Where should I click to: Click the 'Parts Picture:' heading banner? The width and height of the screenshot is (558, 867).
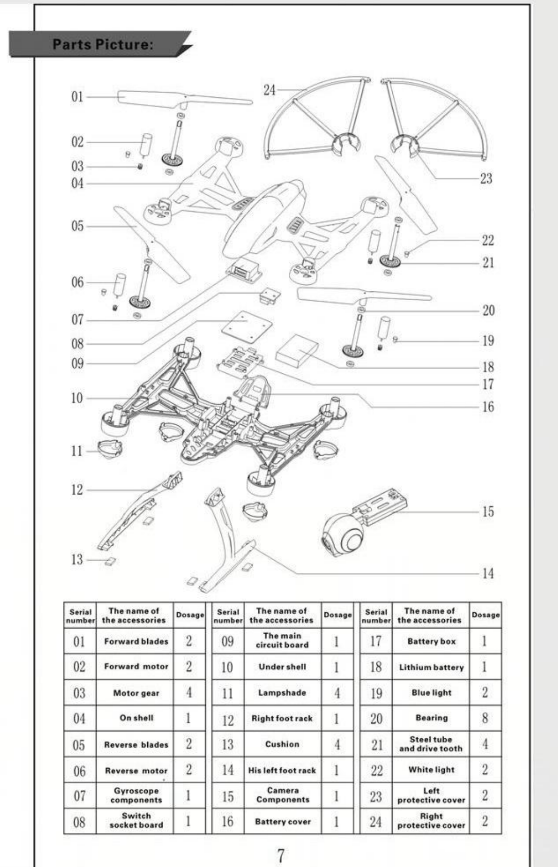pos(102,44)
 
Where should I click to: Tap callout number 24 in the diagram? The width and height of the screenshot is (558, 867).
pos(270,90)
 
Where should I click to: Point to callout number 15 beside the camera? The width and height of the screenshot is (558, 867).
pos(487,512)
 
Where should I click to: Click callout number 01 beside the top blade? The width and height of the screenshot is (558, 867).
pos(77,96)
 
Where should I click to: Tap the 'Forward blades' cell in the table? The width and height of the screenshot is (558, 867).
pos(136,641)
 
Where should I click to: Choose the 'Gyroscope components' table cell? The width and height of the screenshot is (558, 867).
pos(136,795)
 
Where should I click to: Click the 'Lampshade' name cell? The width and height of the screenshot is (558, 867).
pos(282,693)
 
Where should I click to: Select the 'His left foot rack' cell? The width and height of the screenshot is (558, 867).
pos(282,770)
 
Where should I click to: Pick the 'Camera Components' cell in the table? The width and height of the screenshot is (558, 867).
pos(283,795)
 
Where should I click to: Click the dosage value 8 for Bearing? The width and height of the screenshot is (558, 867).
pos(484,718)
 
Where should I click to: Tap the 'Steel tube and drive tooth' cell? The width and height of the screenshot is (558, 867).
pos(431,744)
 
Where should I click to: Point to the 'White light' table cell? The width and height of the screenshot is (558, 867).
pos(431,770)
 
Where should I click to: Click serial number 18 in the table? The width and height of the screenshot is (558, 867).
pos(376,667)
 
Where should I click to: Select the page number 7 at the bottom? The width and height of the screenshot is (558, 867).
pos(281,855)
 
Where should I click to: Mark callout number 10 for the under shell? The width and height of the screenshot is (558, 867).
pos(77,398)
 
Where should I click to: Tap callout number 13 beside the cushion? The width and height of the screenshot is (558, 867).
pos(77,560)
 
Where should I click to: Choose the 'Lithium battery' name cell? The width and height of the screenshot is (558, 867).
pos(431,667)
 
